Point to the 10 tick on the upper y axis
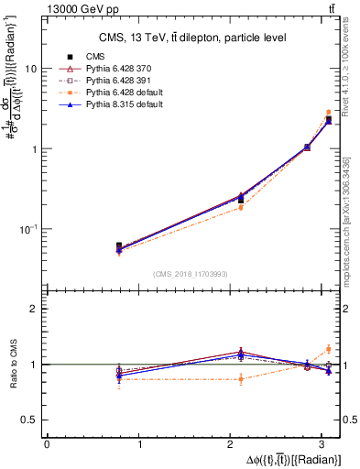(x=31, y=69)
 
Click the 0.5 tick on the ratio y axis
(x=30, y=420)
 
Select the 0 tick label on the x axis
(x=47, y=444)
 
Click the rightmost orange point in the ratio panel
(x=329, y=348)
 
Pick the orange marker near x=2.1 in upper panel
(x=241, y=207)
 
